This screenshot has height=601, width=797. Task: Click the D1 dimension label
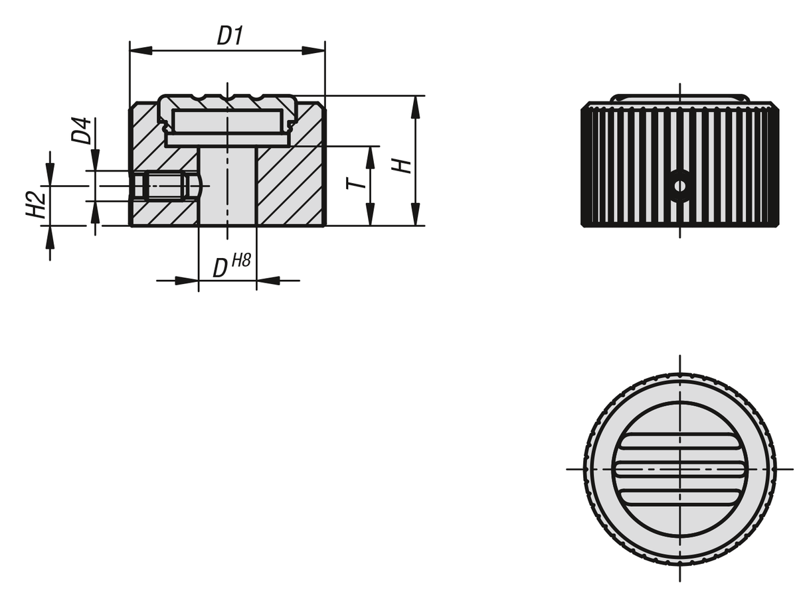tap(230, 36)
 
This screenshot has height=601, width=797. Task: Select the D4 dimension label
tap(81, 131)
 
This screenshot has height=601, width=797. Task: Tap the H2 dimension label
tap(36, 205)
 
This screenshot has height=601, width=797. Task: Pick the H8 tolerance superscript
tap(241, 261)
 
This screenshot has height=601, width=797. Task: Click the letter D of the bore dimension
tap(220, 269)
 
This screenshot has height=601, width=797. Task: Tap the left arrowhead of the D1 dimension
tap(141, 51)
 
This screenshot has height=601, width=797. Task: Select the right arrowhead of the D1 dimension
tap(313, 51)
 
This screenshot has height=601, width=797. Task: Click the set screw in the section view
tap(165, 186)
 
